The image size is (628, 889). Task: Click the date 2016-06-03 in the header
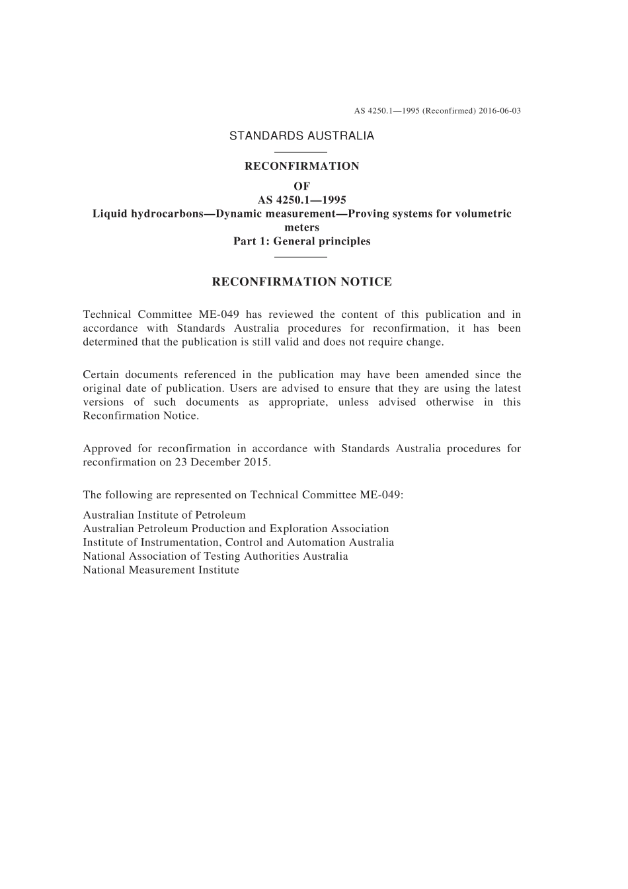(500, 110)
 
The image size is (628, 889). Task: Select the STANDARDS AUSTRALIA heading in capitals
(301, 135)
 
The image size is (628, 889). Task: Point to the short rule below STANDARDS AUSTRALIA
(301, 153)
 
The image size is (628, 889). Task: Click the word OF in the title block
(301, 186)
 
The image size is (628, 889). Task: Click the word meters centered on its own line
(301, 227)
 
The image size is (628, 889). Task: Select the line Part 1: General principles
(301, 241)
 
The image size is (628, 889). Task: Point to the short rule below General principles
(301, 256)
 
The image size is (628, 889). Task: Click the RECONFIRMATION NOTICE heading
(301, 282)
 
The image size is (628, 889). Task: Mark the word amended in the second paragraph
(446, 375)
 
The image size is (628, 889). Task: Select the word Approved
(107, 448)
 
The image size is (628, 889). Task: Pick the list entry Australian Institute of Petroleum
(164, 515)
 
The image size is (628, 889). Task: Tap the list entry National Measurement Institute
(161, 570)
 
